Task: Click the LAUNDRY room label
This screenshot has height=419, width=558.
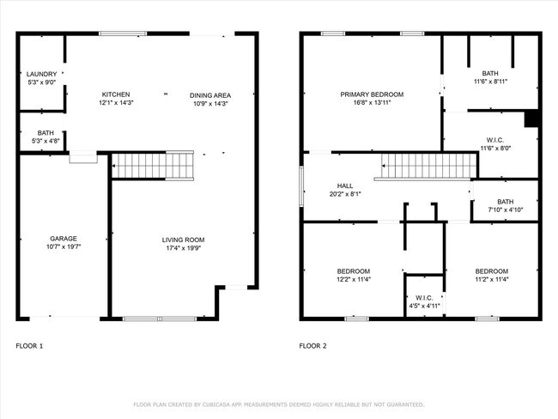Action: click(x=40, y=74)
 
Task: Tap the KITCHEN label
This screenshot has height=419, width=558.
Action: click(x=116, y=94)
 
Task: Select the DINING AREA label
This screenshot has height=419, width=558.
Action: click(x=210, y=95)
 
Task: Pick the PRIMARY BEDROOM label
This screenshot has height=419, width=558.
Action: click(x=372, y=94)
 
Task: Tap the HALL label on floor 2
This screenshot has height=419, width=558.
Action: click(x=345, y=185)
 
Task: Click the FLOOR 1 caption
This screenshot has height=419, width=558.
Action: click(x=29, y=346)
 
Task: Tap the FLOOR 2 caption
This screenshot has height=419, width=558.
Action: click(x=313, y=346)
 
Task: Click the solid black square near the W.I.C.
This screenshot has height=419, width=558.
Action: click(x=531, y=118)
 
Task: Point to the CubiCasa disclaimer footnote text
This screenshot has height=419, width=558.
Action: click(x=279, y=404)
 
